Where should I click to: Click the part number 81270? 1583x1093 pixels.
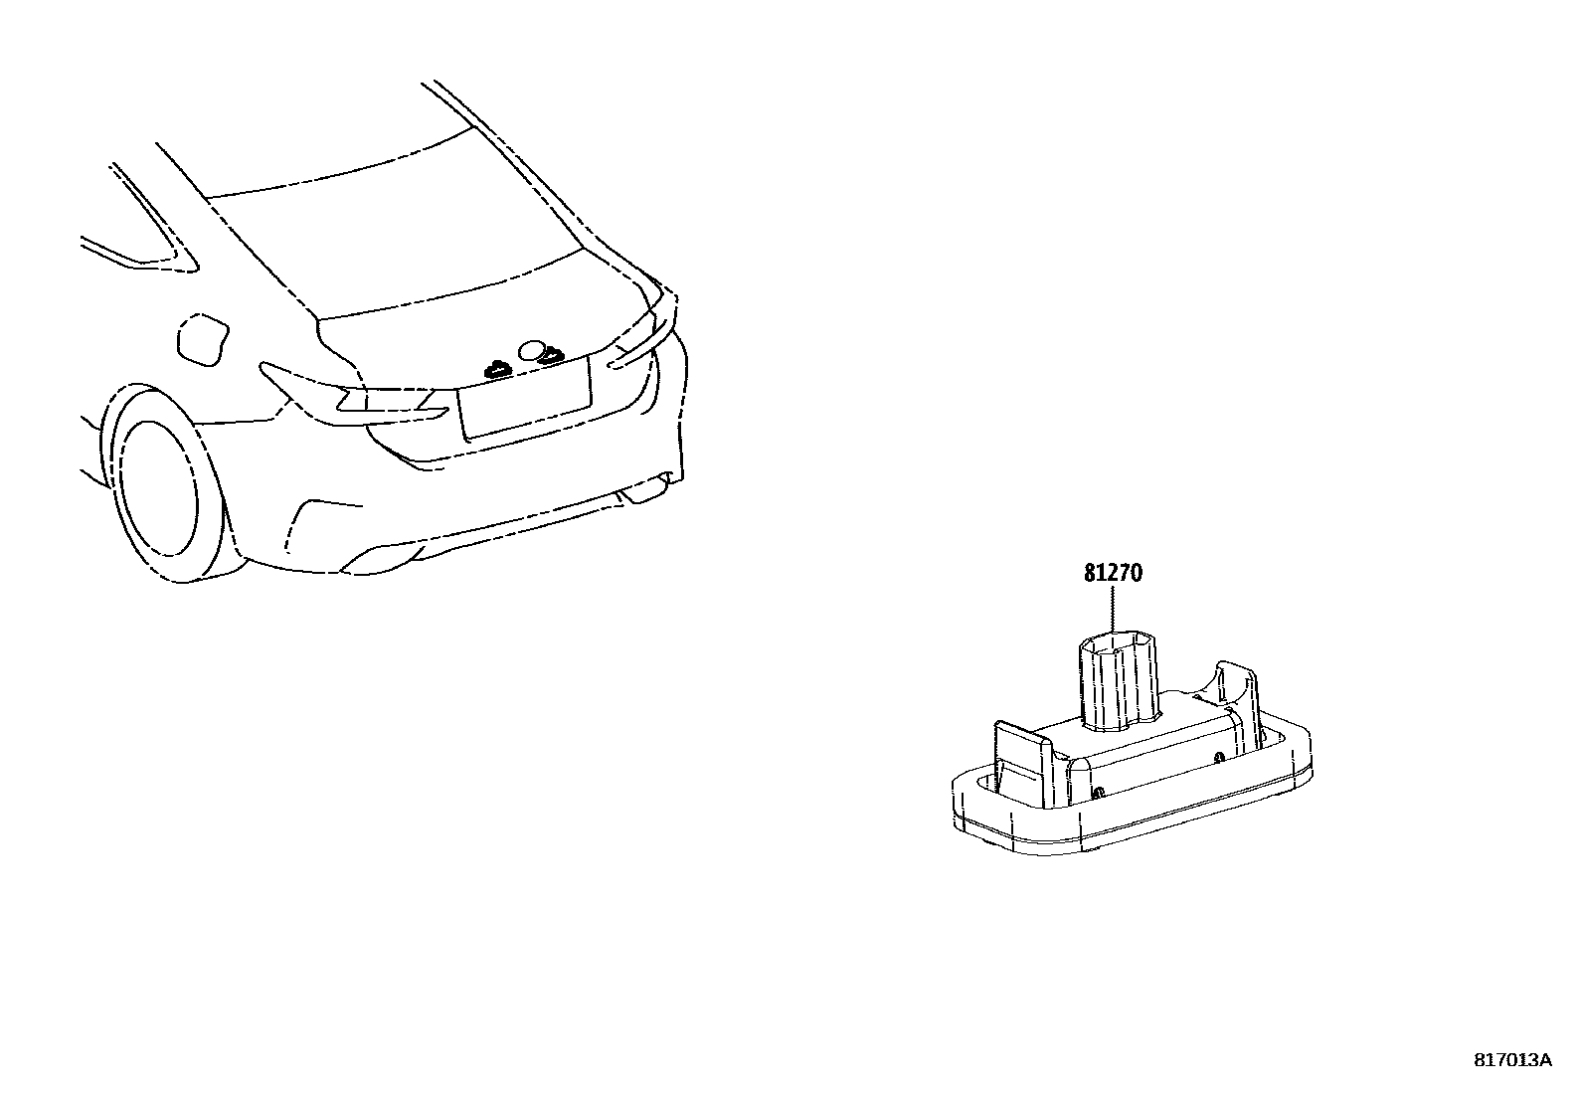pyautogui.click(x=1113, y=574)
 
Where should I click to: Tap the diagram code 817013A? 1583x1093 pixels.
pyautogui.click(x=1511, y=1059)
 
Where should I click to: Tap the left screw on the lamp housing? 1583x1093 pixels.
pyautogui.click(x=1100, y=792)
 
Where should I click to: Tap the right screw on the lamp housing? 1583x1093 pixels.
pyautogui.click(x=1219, y=757)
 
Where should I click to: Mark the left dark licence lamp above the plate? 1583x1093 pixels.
pyautogui.click(x=495, y=369)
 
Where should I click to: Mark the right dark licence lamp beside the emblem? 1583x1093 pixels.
pyautogui.click(x=550, y=352)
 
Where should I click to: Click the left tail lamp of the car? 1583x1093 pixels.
pyautogui.click(x=358, y=398)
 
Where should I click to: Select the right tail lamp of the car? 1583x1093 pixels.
pyautogui.click(x=636, y=343)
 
